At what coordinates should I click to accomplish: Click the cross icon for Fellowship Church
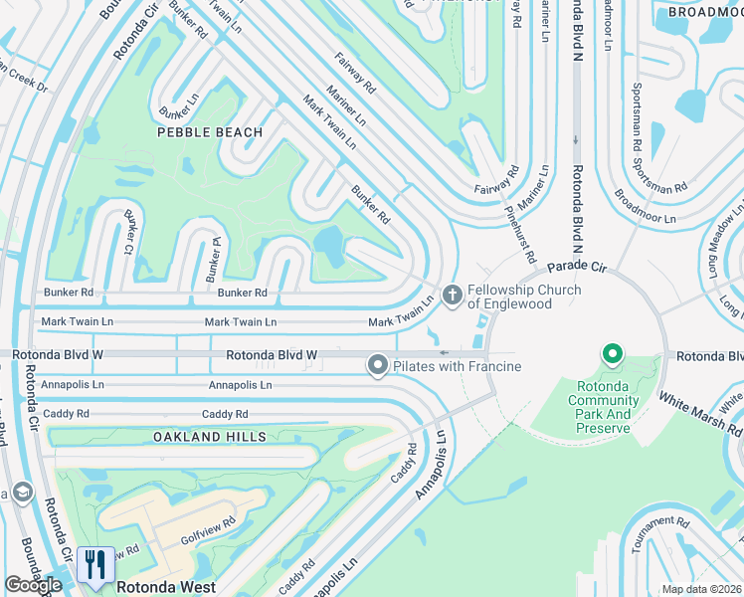[x=453, y=294]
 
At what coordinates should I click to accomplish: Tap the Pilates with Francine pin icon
[x=377, y=366]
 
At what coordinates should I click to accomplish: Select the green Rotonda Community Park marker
[x=613, y=354]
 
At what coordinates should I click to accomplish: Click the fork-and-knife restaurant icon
[x=94, y=563]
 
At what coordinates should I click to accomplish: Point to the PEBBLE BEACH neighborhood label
[x=210, y=132]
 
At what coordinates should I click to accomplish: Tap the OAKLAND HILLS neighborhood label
[x=210, y=437]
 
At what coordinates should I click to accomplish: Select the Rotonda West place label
[x=166, y=587]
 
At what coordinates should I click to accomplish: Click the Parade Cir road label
[x=576, y=268]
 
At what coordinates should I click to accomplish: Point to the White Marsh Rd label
[x=701, y=412]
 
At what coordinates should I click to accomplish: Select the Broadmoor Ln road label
[x=645, y=206]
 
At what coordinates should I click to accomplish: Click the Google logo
[x=33, y=585]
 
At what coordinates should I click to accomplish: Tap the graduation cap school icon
[x=22, y=493]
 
